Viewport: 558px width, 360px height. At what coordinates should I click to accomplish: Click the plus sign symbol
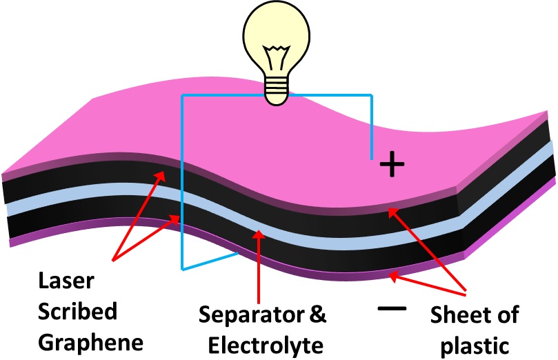pyautogui.click(x=392, y=164)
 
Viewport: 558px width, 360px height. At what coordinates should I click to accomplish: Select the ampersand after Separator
pyautogui.click(x=315, y=316)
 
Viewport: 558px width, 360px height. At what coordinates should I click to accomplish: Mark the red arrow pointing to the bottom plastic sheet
pyautogui.click(x=424, y=284)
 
